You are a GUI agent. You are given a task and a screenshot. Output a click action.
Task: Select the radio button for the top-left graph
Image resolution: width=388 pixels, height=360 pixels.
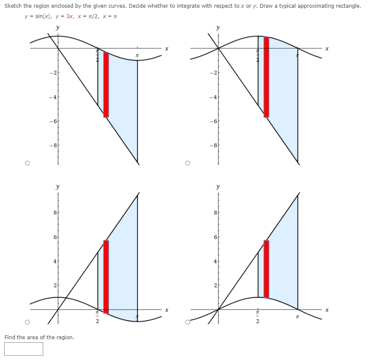click(x=27, y=163)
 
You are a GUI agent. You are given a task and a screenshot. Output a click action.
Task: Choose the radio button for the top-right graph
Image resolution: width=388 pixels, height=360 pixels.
click(x=187, y=163)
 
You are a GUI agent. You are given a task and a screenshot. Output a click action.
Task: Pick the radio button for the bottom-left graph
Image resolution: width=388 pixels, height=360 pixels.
click(x=27, y=322)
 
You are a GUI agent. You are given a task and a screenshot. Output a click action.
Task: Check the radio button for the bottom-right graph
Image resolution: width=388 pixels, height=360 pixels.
click(x=187, y=322)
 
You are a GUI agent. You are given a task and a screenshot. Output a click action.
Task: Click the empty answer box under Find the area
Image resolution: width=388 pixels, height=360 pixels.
click(x=24, y=349)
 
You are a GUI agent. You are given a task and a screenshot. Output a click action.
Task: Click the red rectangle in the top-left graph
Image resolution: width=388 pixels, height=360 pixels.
click(x=106, y=85)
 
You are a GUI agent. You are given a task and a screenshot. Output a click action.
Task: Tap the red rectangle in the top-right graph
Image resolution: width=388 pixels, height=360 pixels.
click(x=266, y=77)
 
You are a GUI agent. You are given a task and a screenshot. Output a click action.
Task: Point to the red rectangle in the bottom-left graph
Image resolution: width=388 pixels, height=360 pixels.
click(x=106, y=277)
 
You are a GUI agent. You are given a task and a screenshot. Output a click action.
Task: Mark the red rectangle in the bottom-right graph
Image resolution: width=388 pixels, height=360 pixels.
click(x=266, y=269)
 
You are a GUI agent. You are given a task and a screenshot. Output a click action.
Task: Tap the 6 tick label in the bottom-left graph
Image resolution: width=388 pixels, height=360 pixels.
click(x=54, y=237)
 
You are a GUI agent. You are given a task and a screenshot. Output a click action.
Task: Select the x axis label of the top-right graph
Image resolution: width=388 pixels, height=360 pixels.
click(x=327, y=50)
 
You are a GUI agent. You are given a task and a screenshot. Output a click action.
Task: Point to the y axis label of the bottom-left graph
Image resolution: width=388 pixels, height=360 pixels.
click(x=57, y=187)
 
